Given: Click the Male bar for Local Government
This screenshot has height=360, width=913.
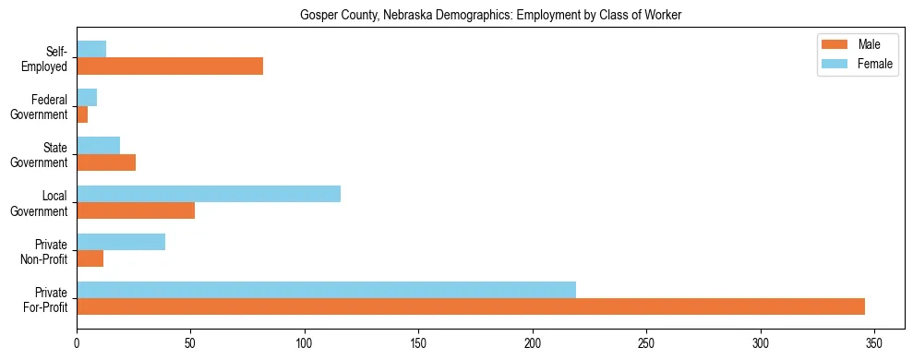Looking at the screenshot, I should [136, 210].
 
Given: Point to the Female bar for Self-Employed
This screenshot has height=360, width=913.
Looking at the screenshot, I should [91, 50].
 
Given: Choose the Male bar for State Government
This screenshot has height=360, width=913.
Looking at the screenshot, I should [106, 162].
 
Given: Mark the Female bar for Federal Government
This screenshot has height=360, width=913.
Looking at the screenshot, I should [87, 98].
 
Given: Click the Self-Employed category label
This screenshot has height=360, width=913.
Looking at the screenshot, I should [44, 58].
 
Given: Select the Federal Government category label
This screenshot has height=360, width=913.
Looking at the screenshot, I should [39, 106].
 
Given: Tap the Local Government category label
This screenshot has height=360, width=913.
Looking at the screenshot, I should [39, 202].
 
